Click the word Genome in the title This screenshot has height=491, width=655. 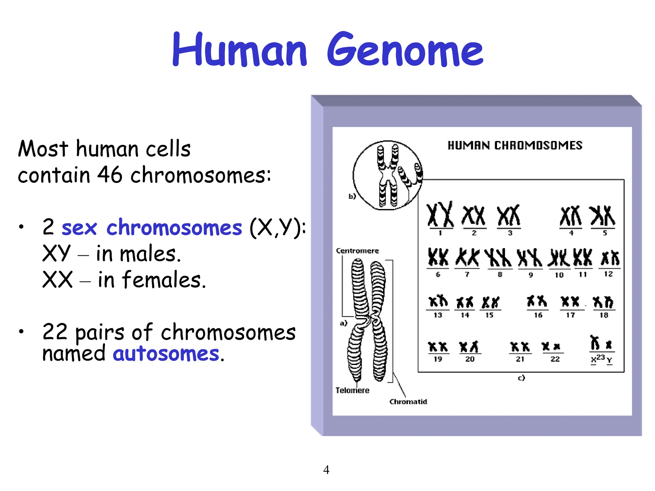point(405,50)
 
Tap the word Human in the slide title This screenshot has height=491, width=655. point(239,50)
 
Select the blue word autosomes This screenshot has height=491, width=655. point(166,354)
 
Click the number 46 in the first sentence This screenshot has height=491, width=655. point(110,175)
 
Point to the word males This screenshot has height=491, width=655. point(150,254)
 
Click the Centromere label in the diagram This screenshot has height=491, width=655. point(357,251)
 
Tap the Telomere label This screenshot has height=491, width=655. point(352,390)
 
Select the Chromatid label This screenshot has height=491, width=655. point(408,401)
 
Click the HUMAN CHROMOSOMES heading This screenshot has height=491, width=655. point(515,146)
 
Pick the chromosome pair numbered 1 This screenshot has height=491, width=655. point(440,214)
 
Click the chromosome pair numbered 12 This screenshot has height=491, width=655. point(610,258)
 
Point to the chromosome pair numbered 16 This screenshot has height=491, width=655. point(537,301)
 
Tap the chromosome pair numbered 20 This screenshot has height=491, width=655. point(469,347)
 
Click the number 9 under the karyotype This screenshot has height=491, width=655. point(531,275)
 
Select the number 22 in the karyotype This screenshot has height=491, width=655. point(555,359)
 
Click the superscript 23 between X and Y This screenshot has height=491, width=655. point(601,357)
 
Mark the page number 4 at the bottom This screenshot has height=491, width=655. point(326,470)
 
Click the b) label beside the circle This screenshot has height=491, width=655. point(352,196)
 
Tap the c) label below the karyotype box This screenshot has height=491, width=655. point(521,378)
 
